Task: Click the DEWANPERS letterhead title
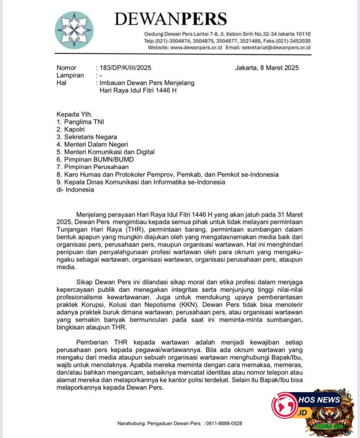170,18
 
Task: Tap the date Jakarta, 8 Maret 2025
267,68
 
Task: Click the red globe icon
284,405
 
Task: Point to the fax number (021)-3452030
293,41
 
